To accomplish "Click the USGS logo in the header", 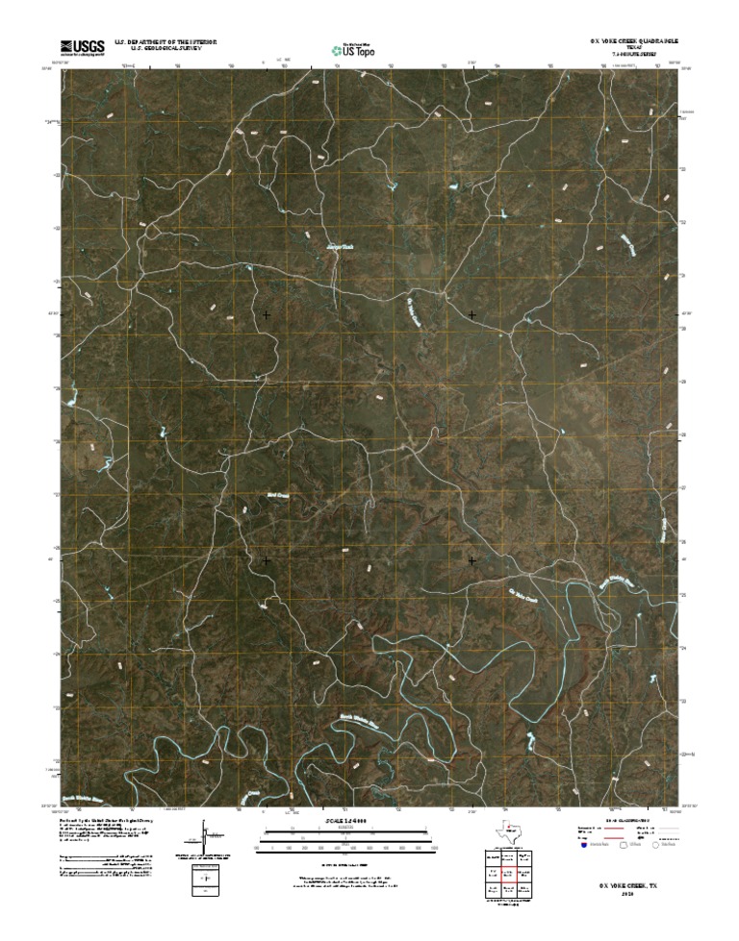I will (82, 45).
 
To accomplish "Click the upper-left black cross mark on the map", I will (267, 314).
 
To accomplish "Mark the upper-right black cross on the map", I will (471, 314).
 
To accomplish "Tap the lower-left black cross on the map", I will (267, 559).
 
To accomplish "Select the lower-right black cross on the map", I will (471, 559).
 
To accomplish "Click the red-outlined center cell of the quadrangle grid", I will (509, 873).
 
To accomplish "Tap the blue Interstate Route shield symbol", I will (583, 846).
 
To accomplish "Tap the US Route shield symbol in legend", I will (623, 846).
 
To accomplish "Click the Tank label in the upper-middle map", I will (333, 247).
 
